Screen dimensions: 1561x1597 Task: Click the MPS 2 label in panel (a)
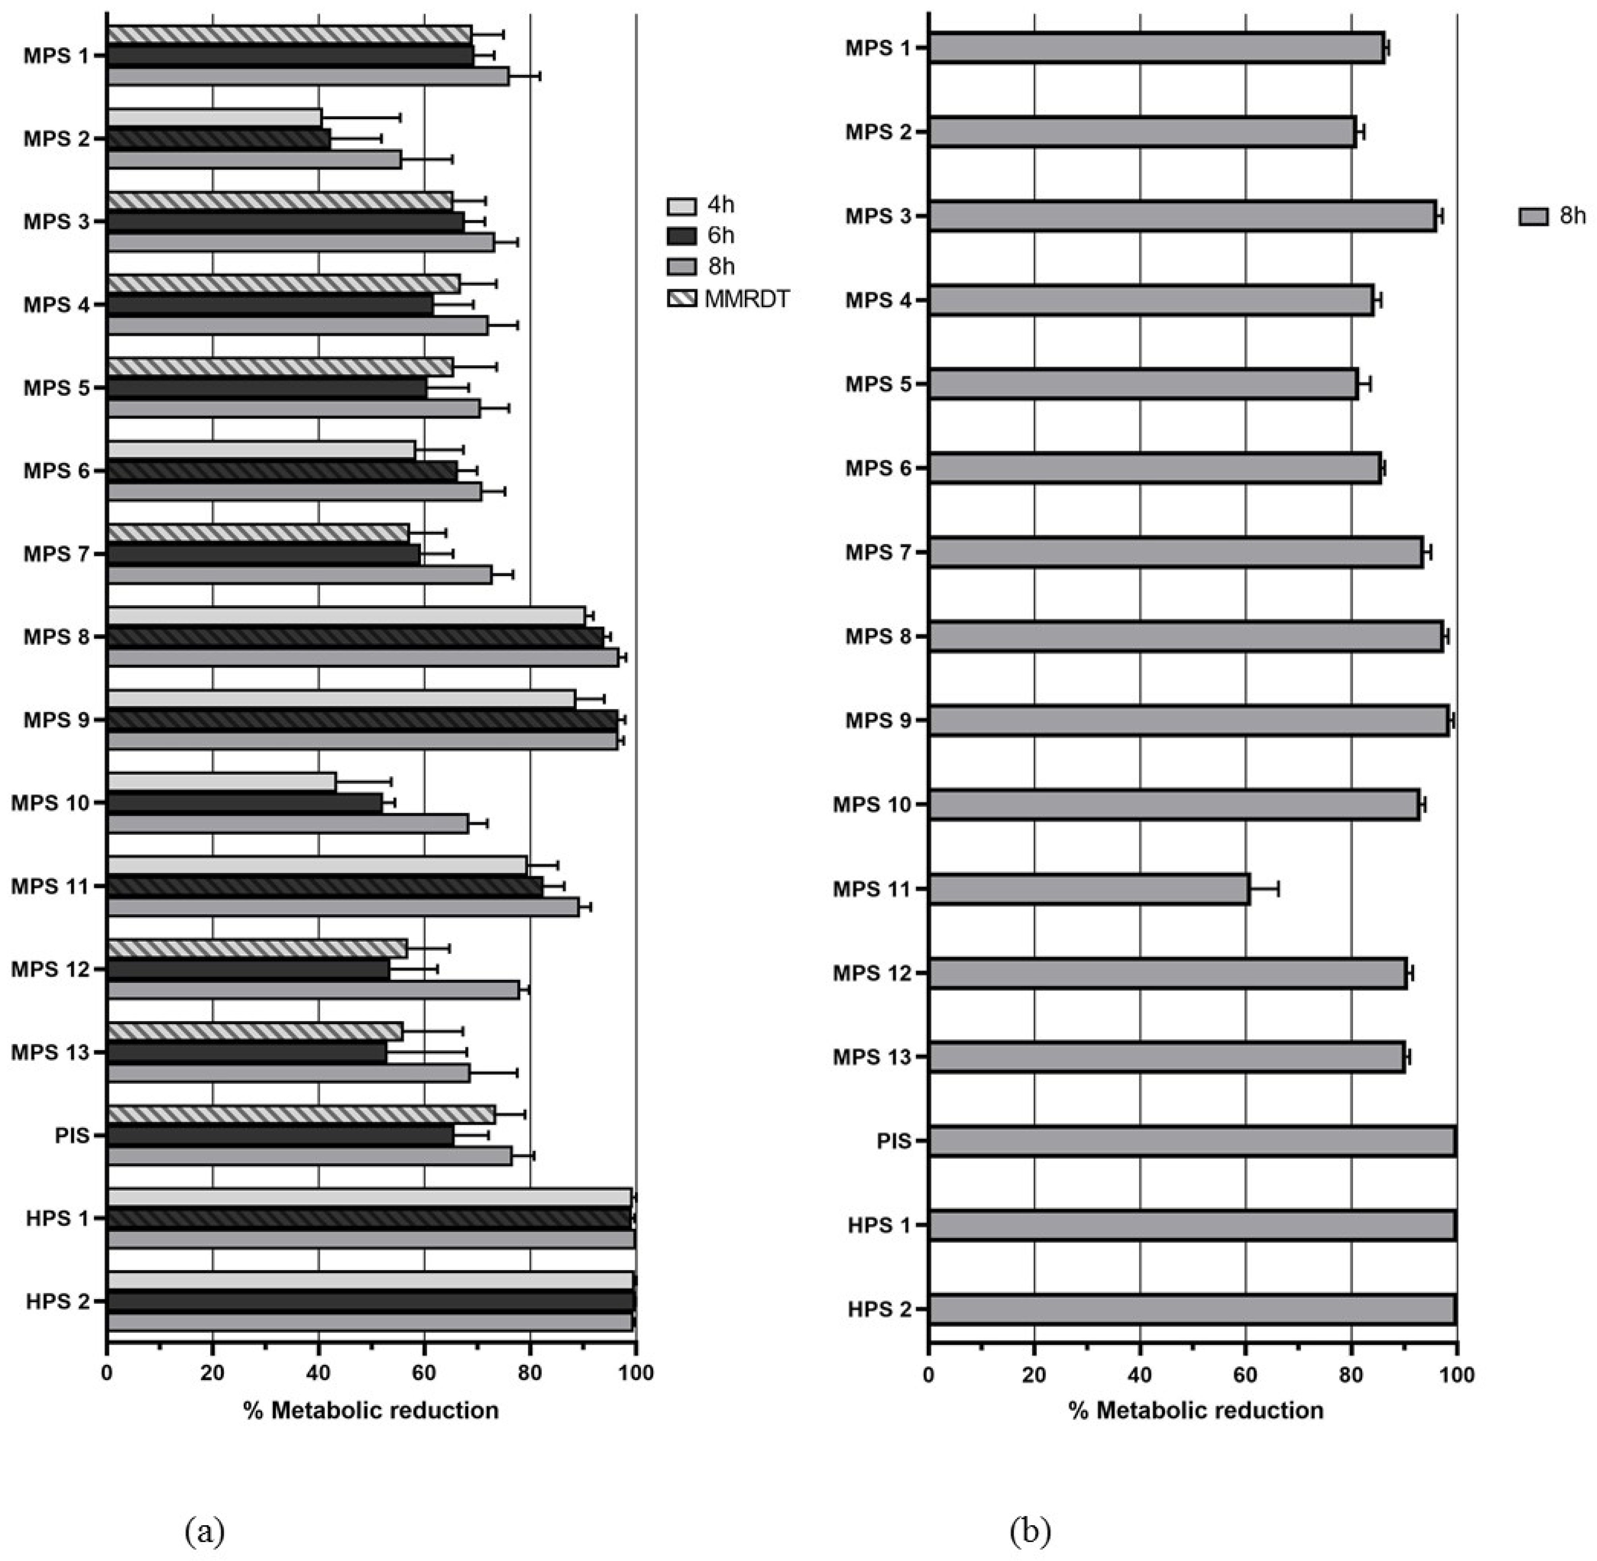pos(56,139)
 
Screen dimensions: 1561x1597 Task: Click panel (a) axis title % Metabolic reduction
pos(371,1410)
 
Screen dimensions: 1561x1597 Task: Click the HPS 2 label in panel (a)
pos(57,1301)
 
